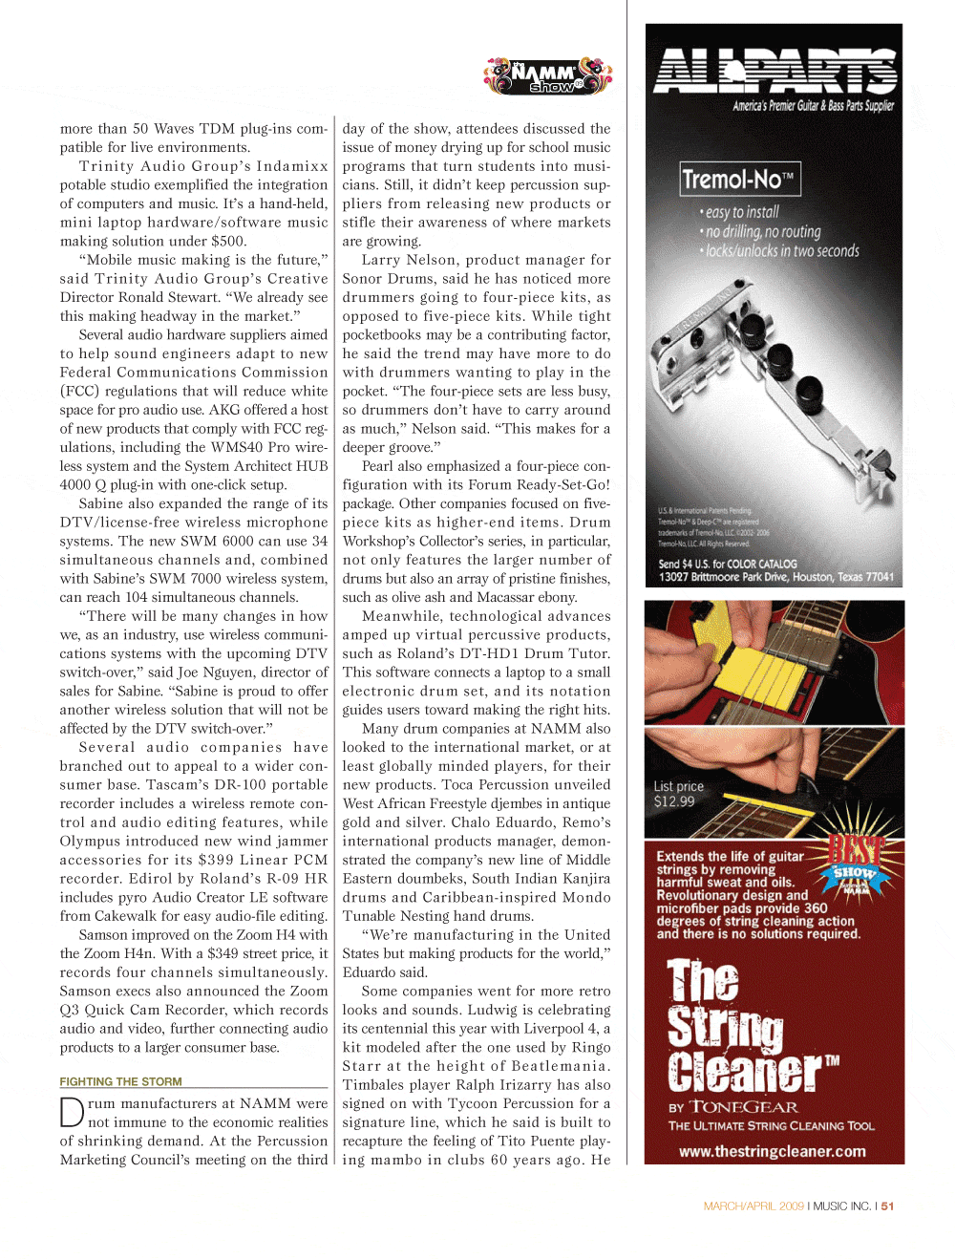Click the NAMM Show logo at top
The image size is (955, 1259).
click(x=547, y=75)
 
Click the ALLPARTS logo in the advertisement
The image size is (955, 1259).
click(x=775, y=71)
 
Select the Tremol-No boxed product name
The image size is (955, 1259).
click(x=739, y=179)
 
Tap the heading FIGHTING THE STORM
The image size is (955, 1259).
click(x=121, y=1081)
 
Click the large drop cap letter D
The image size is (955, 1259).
click(x=72, y=1114)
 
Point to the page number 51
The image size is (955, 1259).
click(x=887, y=1206)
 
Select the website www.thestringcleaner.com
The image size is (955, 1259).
click(x=772, y=1151)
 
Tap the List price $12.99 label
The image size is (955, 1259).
click(x=678, y=794)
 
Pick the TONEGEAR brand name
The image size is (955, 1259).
click(x=743, y=1107)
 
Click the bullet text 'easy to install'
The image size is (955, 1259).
click(x=742, y=212)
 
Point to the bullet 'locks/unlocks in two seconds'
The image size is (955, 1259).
click(x=782, y=251)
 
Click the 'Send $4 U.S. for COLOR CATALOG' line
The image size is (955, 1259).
click(x=728, y=564)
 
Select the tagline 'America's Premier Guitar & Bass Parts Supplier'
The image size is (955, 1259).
click(x=813, y=106)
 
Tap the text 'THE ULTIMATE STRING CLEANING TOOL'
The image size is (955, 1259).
click(x=771, y=1126)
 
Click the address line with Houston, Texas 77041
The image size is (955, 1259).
click(x=775, y=577)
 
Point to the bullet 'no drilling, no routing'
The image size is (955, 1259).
click(x=762, y=232)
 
